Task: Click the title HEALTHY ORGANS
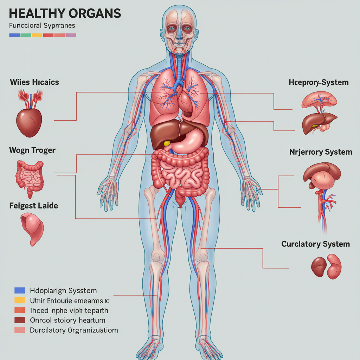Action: pos(65,13)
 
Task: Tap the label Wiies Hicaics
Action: pos(34,82)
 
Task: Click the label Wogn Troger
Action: pos(32,150)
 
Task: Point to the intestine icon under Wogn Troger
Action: pos(29,176)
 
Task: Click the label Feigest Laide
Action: pos(33,205)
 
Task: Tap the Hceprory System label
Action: pos(319,83)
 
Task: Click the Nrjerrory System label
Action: pos(321,152)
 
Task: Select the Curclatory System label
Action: pos(315,244)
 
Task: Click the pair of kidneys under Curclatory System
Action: pos(326,266)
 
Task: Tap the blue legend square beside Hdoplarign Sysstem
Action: pos(20,290)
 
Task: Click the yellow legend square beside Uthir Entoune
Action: pos(20,300)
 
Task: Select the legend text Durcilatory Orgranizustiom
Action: pos(74,330)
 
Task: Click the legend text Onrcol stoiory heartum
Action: pos(68,320)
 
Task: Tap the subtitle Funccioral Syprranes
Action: pos(41,26)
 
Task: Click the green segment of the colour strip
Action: pos(26,35)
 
